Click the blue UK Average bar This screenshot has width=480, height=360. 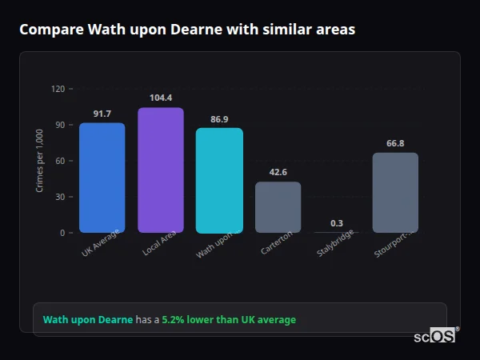102,178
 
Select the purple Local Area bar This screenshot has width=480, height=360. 161,170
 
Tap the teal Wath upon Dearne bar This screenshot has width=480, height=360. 219,180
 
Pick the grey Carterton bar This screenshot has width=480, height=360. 278,207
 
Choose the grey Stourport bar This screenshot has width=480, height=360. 395,193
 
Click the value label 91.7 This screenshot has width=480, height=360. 102,114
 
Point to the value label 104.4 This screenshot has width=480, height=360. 161,98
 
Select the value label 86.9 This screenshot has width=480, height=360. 219,119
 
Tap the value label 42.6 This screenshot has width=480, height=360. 278,172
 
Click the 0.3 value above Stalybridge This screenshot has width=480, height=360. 337,223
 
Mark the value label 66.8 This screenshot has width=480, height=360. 395,143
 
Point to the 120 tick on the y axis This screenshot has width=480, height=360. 58,89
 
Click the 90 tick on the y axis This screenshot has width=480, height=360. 59,125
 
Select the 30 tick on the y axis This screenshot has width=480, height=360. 59,197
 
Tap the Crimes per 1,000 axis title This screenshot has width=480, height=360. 39,161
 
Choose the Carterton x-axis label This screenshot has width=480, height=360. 276,243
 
